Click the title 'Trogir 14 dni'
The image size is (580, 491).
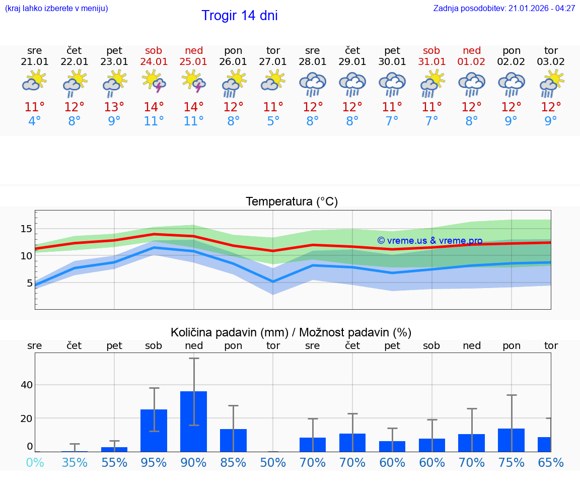pyautogui.click(x=239, y=16)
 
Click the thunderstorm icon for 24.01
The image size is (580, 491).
pyautogui.click(x=154, y=81)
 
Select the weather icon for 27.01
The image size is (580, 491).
pyautogui.click(x=273, y=81)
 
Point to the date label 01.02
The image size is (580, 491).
pyautogui.click(x=472, y=62)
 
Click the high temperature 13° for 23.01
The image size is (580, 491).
pyautogui.click(x=114, y=107)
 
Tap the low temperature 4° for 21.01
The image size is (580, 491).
pyautogui.click(x=35, y=121)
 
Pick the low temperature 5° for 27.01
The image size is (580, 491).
pyautogui.click(x=273, y=121)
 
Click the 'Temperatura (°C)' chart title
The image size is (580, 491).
pyautogui.click(x=292, y=202)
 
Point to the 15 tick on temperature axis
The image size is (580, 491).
pyautogui.click(x=26, y=229)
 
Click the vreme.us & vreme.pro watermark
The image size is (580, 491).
pyautogui.click(x=429, y=241)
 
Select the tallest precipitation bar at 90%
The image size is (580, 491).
pyautogui.click(x=194, y=421)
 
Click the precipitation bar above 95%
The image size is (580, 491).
pyautogui.click(x=154, y=430)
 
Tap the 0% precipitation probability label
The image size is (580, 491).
pyautogui.click(x=35, y=462)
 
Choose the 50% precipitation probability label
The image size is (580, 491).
pyautogui.click(x=273, y=462)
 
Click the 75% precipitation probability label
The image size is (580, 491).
pyautogui.click(x=511, y=462)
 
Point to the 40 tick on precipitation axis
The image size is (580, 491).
pyautogui.click(x=26, y=385)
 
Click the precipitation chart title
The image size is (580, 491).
pyautogui.click(x=291, y=332)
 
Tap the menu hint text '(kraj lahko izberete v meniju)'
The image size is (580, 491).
pyautogui.click(x=56, y=9)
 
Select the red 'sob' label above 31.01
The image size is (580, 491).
pyautogui.click(x=431, y=50)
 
